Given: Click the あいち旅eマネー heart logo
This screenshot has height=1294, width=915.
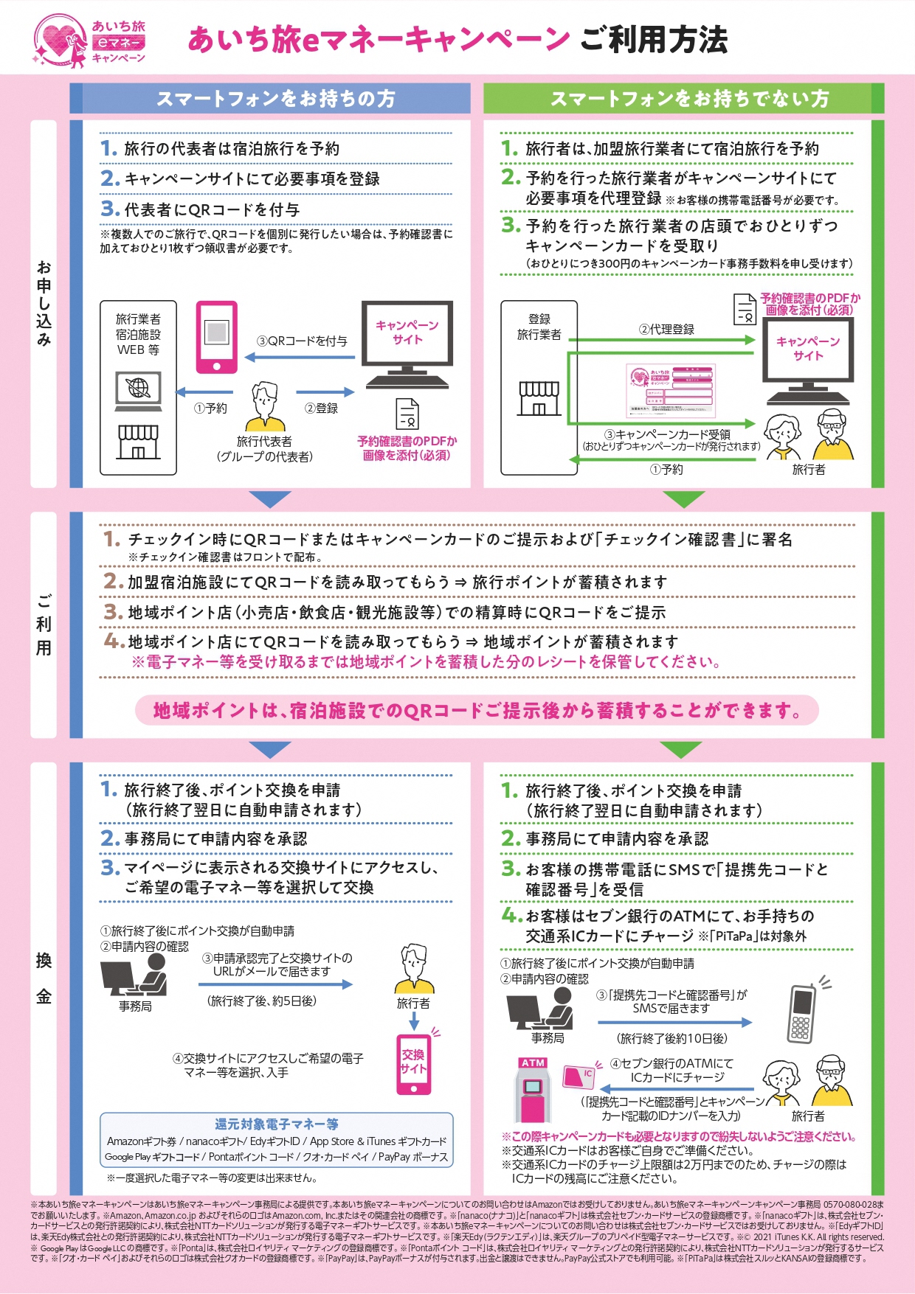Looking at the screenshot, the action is coord(89,41).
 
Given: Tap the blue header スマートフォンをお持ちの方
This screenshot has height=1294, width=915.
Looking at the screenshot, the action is coord(275,99).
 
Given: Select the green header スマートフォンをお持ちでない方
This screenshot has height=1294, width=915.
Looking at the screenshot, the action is coord(684,99).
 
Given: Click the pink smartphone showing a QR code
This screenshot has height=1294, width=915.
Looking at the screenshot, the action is coord(216,337).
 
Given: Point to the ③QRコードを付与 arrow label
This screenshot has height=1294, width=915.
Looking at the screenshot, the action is coord(302,341).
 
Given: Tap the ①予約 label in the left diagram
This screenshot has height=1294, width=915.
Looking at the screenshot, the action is coord(210,408).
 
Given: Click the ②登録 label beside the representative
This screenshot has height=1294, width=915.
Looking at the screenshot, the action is coord(321,408).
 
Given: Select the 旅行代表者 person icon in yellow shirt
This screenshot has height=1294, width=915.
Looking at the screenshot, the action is coord(265,406).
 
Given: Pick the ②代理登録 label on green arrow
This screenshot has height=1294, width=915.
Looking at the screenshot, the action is coord(666,330).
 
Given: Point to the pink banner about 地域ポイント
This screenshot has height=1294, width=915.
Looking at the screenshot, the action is coord(477,711).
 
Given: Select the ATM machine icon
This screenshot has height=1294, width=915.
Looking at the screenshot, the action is coord(533,1090).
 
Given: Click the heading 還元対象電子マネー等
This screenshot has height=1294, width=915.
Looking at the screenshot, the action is coord(276,1124).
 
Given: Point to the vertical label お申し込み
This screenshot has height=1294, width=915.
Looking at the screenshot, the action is coord(44,303).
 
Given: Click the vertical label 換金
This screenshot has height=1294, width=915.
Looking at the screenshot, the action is coord(44,978).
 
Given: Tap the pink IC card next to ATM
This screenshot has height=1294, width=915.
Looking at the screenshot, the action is coord(579,1076).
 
